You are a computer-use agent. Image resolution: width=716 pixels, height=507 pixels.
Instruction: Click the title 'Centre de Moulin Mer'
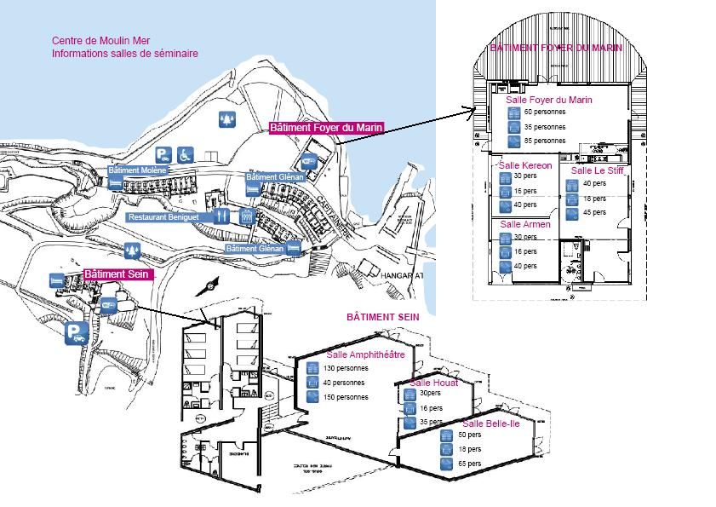(95, 40)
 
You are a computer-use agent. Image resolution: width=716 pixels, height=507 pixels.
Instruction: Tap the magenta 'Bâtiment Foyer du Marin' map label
(326, 128)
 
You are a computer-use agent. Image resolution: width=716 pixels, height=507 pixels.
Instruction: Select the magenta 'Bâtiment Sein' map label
(117, 274)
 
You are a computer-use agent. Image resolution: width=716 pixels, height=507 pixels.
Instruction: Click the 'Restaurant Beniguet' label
(169, 217)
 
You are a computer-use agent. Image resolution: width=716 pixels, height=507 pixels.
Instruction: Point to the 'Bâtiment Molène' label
(138, 170)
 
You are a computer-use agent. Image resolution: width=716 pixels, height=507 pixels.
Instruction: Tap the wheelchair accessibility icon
(186, 154)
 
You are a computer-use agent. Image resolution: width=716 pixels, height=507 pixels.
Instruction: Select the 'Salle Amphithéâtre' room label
(365, 354)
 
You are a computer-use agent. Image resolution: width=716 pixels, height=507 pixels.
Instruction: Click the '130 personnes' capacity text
(346, 369)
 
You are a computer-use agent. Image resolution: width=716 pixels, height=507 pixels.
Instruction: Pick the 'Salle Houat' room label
(433, 383)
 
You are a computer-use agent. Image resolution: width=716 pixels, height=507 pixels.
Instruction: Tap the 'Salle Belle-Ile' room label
(490, 423)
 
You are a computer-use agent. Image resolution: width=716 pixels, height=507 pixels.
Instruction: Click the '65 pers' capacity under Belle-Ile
(469, 464)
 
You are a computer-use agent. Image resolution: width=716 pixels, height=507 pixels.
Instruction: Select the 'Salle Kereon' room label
(525, 165)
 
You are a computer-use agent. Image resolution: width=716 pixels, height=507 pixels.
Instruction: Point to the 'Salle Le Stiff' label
(599, 170)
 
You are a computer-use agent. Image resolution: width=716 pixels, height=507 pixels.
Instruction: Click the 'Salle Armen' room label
(525, 224)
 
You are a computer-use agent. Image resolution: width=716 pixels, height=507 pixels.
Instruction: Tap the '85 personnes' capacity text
(545, 141)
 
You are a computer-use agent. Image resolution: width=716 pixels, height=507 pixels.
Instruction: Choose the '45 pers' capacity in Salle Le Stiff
(594, 212)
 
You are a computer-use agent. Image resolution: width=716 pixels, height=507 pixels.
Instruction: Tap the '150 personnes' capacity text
(346, 397)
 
